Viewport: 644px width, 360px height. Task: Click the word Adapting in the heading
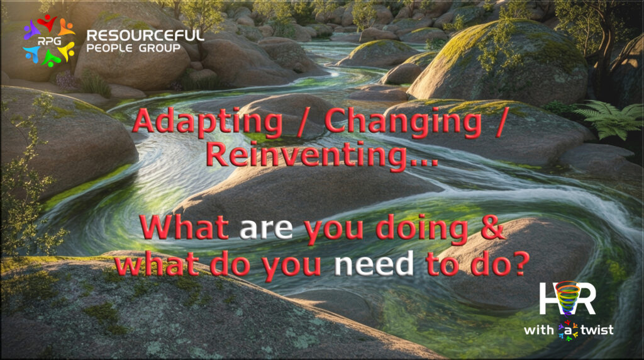(208, 122)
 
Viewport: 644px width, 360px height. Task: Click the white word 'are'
(266, 228)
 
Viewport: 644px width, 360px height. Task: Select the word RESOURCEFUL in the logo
(145, 35)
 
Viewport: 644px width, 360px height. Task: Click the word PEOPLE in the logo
(109, 48)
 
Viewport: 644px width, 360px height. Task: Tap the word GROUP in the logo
(159, 48)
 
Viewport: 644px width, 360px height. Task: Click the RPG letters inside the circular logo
(49, 41)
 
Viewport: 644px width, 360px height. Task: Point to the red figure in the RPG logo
(47, 23)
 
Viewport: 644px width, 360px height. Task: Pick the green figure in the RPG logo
(51, 59)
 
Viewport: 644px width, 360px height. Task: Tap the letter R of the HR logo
(586, 299)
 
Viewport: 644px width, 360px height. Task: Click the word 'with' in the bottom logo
(539, 330)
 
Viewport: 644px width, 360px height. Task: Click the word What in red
(184, 227)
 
